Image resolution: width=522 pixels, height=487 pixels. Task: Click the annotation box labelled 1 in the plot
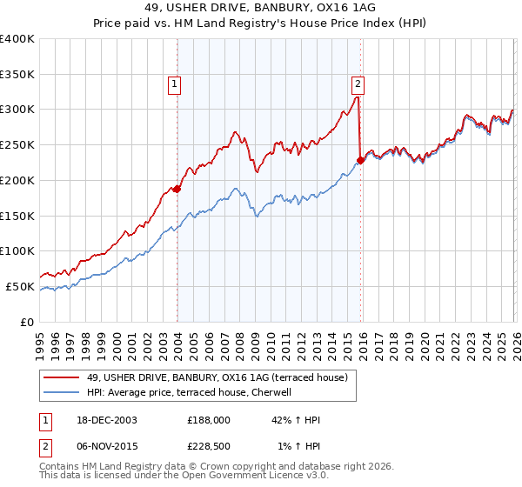tap(175, 84)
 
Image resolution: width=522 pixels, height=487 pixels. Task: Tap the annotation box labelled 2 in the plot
tap(357, 84)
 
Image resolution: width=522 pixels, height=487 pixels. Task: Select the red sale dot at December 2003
tap(177, 188)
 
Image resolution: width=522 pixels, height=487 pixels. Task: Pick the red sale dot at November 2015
tap(360, 159)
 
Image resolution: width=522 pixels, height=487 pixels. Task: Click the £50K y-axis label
tap(20, 286)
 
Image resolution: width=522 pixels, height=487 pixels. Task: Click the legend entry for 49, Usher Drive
tap(217, 377)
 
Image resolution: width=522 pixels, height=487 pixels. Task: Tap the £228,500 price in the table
tap(210, 447)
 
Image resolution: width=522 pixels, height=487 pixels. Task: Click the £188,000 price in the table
tap(210, 421)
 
